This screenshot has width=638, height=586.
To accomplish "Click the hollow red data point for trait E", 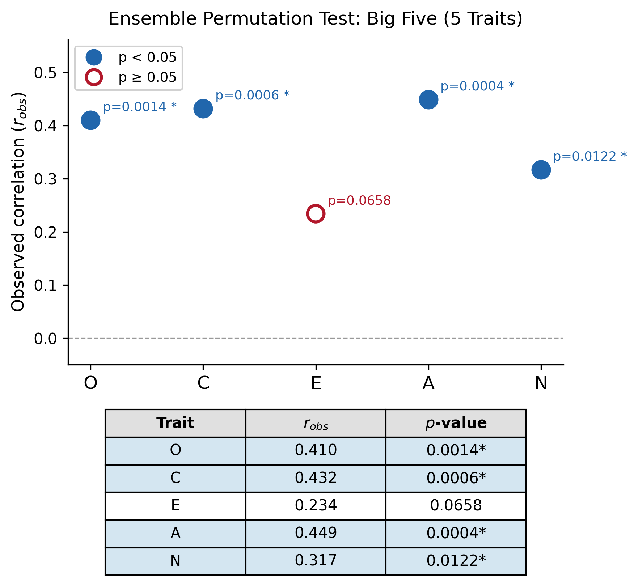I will click(316, 214).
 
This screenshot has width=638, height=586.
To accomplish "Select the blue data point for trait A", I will click(428, 99).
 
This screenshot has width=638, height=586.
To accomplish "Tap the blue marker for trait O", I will click(90, 120).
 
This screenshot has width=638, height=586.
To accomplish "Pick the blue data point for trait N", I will click(541, 170).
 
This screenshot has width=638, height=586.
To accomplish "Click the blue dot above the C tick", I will click(203, 109).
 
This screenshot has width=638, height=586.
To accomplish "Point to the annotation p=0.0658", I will click(359, 201).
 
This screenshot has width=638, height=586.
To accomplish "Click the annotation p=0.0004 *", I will click(477, 86).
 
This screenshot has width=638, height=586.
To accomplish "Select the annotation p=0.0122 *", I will click(590, 157).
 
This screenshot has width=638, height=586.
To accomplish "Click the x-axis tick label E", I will click(316, 383).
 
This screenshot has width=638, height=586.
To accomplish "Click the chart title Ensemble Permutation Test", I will click(315, 19).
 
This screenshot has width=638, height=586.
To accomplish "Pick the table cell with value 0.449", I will click(316, 533).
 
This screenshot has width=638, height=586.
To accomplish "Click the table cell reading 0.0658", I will click(456, 505).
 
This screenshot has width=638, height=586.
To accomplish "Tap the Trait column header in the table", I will click(175, 423).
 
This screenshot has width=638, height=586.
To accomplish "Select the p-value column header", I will click(456, 423).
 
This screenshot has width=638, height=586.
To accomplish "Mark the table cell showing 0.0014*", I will click(456, 450).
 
